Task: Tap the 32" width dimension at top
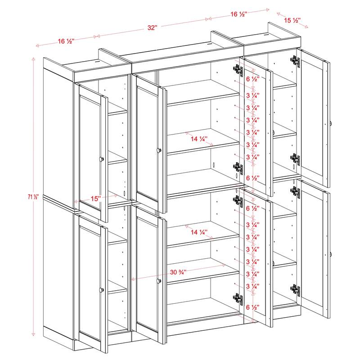pos(152,28)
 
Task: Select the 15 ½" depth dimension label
pos(292,20)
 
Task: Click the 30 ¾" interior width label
pos(179,272)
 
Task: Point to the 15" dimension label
pos(95,198)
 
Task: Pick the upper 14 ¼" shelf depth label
pos(198,139)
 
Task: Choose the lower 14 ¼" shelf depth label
pos(198,233)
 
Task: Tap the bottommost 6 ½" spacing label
pos(252,307)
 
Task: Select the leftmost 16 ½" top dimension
pos(66,41)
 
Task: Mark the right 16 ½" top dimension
pos(238,14)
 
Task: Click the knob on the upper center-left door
pos(158,150)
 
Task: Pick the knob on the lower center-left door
pos(158,281)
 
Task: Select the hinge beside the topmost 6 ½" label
pos(237,69)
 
